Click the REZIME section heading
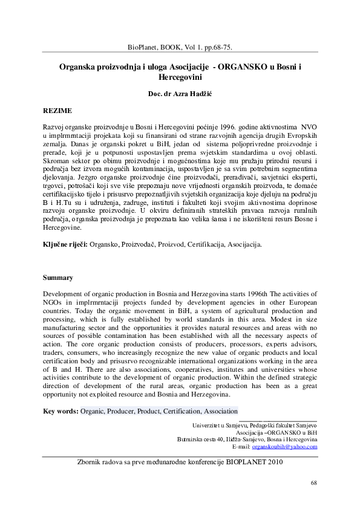coord(57,112)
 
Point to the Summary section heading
coord(58,277)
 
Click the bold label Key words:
coord(61,411)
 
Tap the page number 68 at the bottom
coord(313,483)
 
